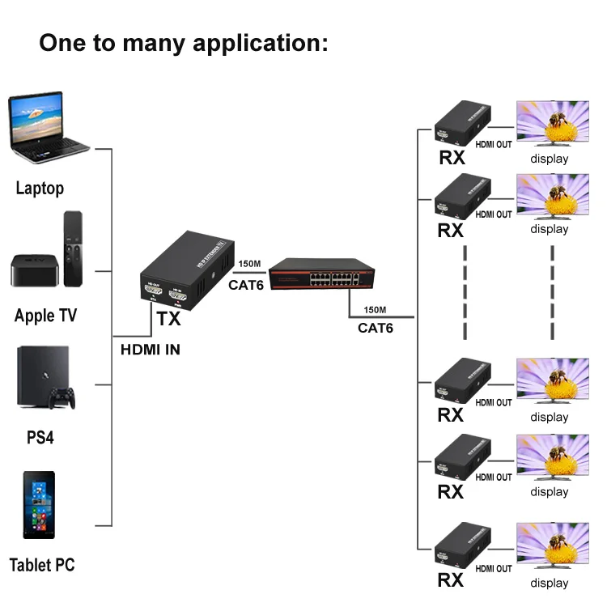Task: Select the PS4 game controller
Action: point(62,397)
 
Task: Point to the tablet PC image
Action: point(38,505)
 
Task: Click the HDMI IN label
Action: point(151,350)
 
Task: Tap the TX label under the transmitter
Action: point(168,319)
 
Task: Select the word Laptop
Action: point(40,189)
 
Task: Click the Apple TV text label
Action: point(45,315)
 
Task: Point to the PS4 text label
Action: point(40,437)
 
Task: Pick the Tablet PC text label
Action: point(42,565)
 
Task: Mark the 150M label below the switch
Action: point(375,310)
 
